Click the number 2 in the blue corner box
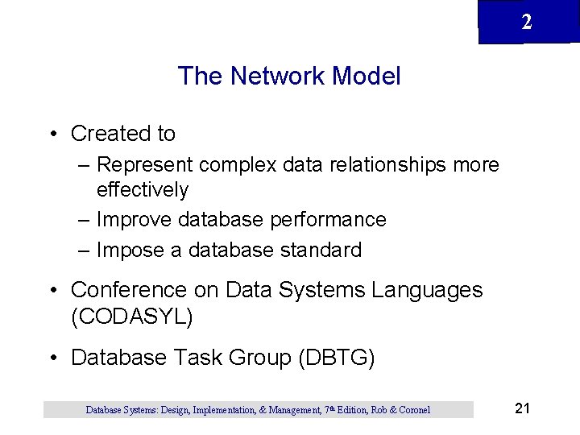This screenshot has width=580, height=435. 527,23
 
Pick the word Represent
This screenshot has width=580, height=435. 144,165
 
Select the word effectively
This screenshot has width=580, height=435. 143,190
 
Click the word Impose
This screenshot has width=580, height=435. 130,251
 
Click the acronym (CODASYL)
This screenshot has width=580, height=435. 132,317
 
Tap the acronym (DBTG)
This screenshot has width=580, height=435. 336,358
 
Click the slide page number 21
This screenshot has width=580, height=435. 522,408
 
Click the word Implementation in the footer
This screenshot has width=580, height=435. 222,410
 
